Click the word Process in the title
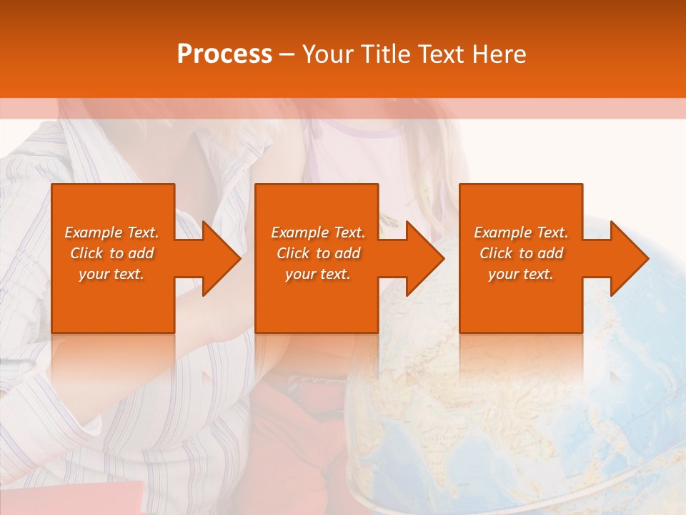224,54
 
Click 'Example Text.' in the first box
111,232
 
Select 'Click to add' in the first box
111,253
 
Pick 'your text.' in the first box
111,274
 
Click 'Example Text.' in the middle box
318,232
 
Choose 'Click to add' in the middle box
318,253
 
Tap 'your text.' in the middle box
318,274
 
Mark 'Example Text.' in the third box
521,232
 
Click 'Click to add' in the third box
521,253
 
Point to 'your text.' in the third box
521,274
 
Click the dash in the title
287,54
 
